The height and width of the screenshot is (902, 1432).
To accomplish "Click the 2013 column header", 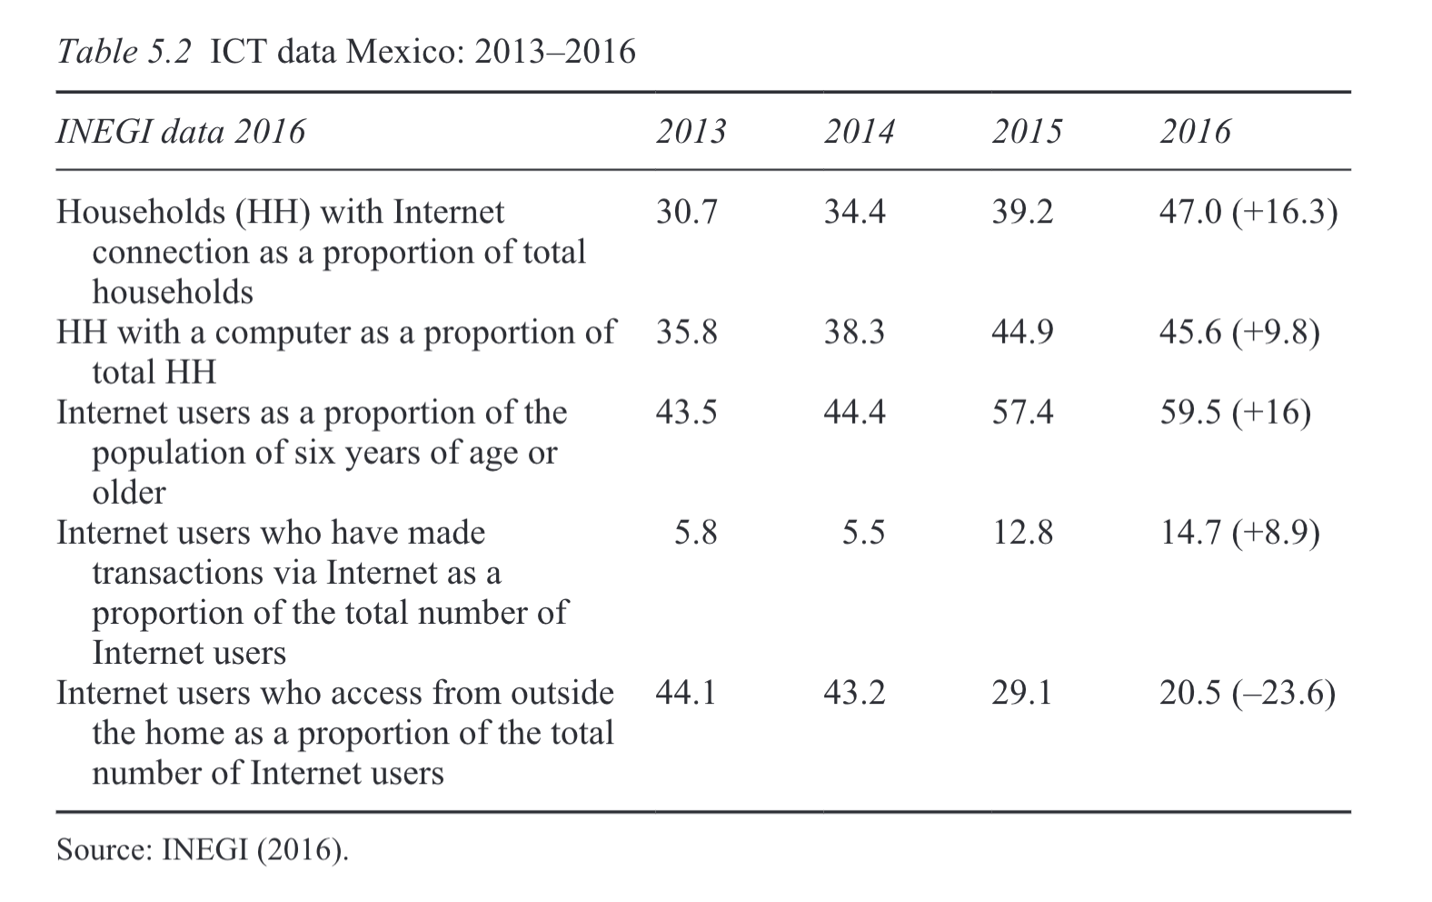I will pyautogui.click(x=691, y=132).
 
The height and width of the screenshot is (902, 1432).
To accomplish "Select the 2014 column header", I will pyautogui.click(x=859, y=132).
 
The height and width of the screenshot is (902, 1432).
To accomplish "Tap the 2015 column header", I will pyautogui.click(x=1027, y=132).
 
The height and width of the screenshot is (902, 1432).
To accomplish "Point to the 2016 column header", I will pyautogui.click(x=1195, y=132).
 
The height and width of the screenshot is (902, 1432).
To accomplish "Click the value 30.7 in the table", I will pyautogui.click(x=686, y=212).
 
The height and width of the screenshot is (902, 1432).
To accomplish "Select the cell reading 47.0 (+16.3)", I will pyautogui.click(x=1248, y=212).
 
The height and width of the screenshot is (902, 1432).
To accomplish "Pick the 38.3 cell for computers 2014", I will pyautogui.click(x=854, y=332).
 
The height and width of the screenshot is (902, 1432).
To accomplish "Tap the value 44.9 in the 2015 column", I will pyautogui.click(x=1022, y=332).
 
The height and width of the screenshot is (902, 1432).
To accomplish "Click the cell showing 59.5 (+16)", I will pyautogui.click(x=1235, y=413).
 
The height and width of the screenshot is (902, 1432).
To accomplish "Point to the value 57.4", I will pyautogui.click(x=1022, y=413).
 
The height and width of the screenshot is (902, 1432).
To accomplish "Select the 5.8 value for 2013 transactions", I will pyautogui.click(x=695, y=533).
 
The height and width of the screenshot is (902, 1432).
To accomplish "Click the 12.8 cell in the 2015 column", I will pyautogui.click(x=1022, y=533).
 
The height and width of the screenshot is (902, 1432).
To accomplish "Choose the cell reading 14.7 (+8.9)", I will pyautogui.click(x=1239, y=533).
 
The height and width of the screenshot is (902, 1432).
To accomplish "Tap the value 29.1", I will pyautogui.click(x=1022, y=694).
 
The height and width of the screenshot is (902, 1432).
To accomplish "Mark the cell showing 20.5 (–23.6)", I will pyautogui.click(x=1247, y=694).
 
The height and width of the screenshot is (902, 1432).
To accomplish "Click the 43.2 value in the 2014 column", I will pyautogui.click(x=854, y=694).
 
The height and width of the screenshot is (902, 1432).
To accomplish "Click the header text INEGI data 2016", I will pyautogui.click(x=181, y=132).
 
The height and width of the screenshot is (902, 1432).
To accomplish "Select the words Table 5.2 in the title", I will pyautogui.click(x=124, y=52).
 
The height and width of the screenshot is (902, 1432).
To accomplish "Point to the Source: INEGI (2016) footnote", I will pyautogui.click(x=202, y=850).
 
